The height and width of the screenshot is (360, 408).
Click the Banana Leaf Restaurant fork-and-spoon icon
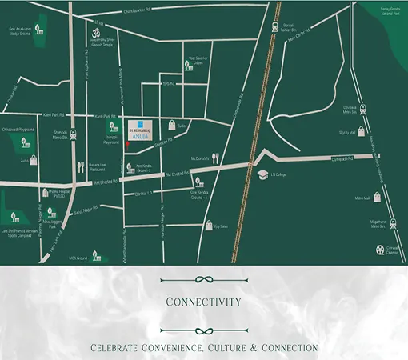(x=81, y=167)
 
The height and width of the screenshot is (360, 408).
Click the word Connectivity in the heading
(x=203, y=302)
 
